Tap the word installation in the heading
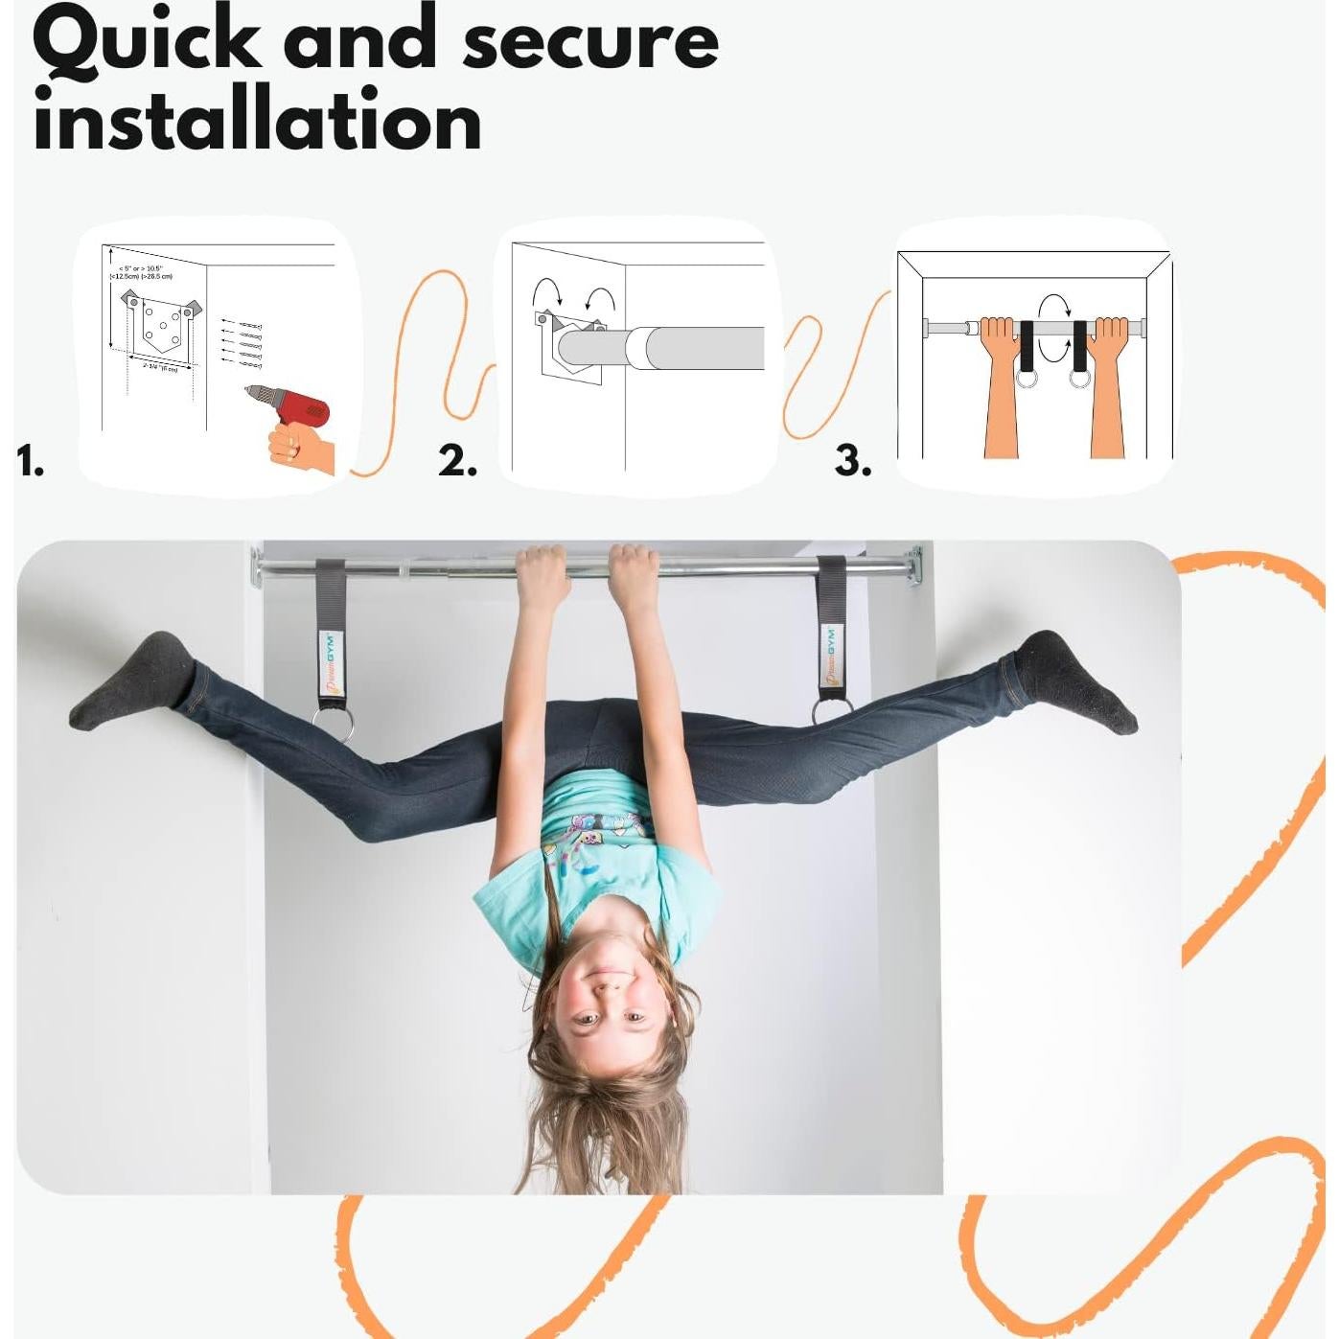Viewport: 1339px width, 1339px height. (257, 122)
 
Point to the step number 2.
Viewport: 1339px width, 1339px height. (457, 461)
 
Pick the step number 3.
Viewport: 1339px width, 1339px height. (852, 461)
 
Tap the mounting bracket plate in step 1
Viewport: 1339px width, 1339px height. (160, 327)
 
